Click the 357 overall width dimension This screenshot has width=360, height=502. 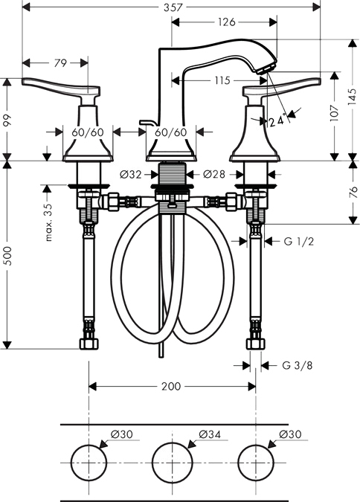pyautogui.click(x=173, y=7)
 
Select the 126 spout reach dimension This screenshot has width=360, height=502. pyautogui.click(x=226, y=22)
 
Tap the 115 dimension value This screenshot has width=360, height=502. pyautogui.click(x=222, y=80)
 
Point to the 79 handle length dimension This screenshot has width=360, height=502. pyautogui.click(x=60, y=63)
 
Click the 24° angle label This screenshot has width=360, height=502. pyautogui.click(x=277, y=121)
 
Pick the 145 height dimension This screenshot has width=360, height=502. pyautogui.click(x=352, y=97)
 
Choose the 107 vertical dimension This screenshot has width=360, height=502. pyautogui.click(x=334, y=113)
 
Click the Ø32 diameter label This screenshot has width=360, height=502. pyautogui.click(x=130, y=175)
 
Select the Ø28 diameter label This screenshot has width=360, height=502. pyautogui.click(x=214, y=174)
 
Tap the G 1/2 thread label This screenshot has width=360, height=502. pyautogui.click(x=299, y=241)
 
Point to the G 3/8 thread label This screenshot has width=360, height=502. pyautogui.click(x=298, y=365)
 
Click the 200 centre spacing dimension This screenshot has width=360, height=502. pyautogui.click(x=171, y=387)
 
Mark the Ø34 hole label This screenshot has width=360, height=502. pyautogui.click(x=210, y=434)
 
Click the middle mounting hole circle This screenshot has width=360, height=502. pyautogui.click(x=173, y=443)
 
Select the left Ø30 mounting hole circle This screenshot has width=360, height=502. pyautogui.click(x=89, y=445)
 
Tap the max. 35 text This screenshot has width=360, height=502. pyautogui.click(x=48, y=222)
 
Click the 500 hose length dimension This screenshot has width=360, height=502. pyautogui.click(x=7, y=256)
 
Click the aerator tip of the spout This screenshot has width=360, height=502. pyautogui.click(x=266, y=68)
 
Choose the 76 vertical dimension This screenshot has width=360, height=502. pyautogui.click(x=353, y=192)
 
